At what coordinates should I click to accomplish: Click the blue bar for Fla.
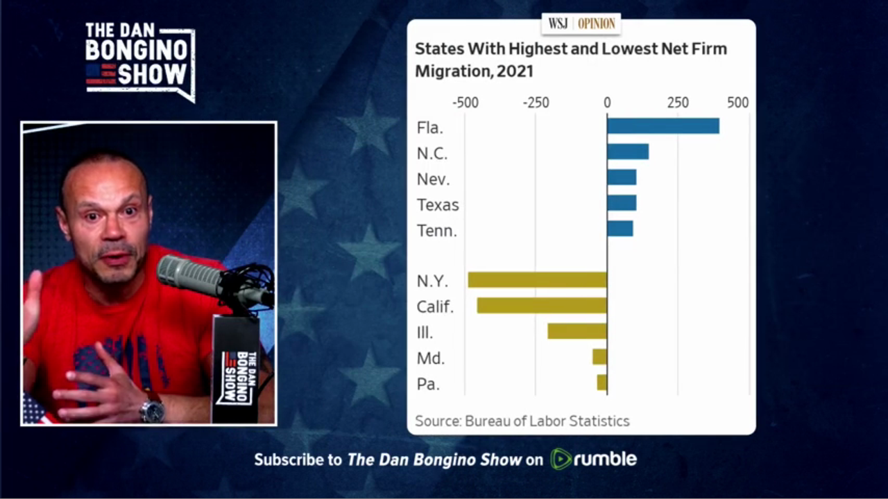tap(663, 126)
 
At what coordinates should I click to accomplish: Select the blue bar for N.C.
tap(628, 152)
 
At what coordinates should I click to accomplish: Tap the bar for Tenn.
tap(620, 229)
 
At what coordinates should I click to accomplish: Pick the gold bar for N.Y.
tap(537, 280)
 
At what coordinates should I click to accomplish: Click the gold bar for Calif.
tap(541, 306)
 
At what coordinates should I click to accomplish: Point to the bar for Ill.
tap(577, 331)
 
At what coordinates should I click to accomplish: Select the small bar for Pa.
tap(601, 383)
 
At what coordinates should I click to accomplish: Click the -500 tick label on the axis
tap(465, 103)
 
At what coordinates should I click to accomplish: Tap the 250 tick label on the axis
tap(678, 103)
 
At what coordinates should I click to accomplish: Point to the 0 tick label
tap(607, 103)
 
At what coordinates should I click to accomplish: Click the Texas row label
tap(438, 205)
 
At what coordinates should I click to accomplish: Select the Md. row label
tap(431, 358)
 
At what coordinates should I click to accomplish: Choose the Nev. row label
tap(433, 180)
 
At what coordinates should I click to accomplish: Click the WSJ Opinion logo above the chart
tap(581, 24)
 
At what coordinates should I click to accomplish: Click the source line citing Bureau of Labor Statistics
tap(522, 421)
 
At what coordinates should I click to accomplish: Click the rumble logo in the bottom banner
tap(593, 459)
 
